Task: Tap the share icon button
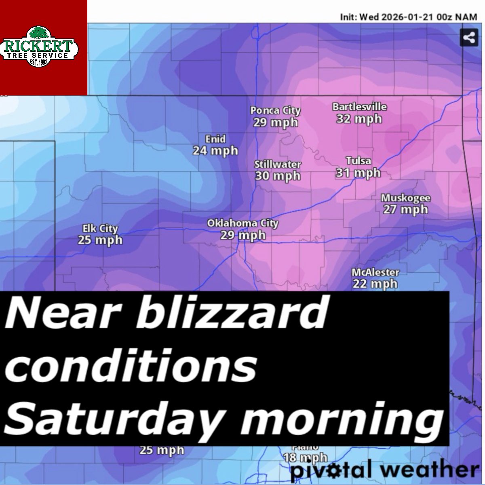[x=468, y=38]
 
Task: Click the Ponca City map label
[x=275, y=110]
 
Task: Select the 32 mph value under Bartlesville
[x=359, y=119]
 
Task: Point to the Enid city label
[x=215, y=139]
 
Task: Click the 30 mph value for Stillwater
[x=278, y=176]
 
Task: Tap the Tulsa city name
[x=358, y=161]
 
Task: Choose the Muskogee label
[x=405, y=198]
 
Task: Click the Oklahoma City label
[x=242, y=223]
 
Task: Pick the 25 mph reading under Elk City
[x=100, y=240]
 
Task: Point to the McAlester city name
[x=375, y=272]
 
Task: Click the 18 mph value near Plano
[x=305, y=458]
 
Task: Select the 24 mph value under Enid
[x=215, y=151]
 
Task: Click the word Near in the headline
[x=48, y=313]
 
